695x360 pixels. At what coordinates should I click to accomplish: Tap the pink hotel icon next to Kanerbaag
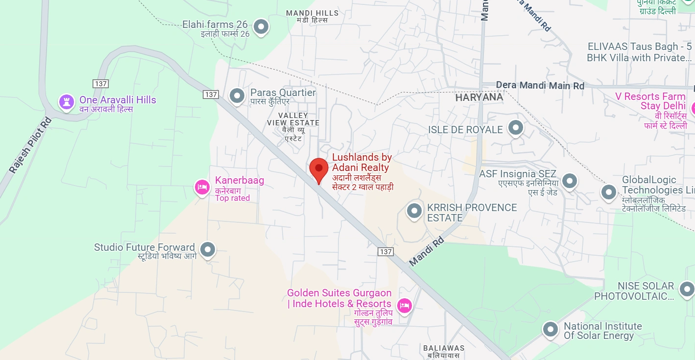coord(202,187)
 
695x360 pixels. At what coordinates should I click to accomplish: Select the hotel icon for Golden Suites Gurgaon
coord(404,306)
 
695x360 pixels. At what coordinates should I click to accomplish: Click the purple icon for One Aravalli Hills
coord(66,102)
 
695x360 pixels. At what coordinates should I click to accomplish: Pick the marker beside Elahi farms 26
coord(262,26)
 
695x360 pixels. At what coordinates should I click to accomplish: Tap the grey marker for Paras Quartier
coord(238,96)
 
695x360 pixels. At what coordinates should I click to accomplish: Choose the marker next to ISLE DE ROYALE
coord(515,128)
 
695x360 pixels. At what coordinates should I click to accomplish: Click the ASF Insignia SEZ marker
coord(569,181)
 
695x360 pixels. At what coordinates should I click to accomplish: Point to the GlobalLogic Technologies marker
coord(608,192)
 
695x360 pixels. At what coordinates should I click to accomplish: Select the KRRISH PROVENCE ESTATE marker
coord(414,211)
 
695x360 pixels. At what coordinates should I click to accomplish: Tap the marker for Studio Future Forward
coord(208,249)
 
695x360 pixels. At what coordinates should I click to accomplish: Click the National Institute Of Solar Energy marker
coord(551,329)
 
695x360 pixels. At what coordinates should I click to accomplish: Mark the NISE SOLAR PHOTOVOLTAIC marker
coord(687,289)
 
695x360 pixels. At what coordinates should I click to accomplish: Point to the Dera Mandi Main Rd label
coord(540,85)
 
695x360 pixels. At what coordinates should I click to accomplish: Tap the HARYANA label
coord(479,97)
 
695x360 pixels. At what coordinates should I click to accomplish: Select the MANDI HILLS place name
coord(312,13)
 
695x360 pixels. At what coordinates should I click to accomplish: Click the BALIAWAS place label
coord(444,348)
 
